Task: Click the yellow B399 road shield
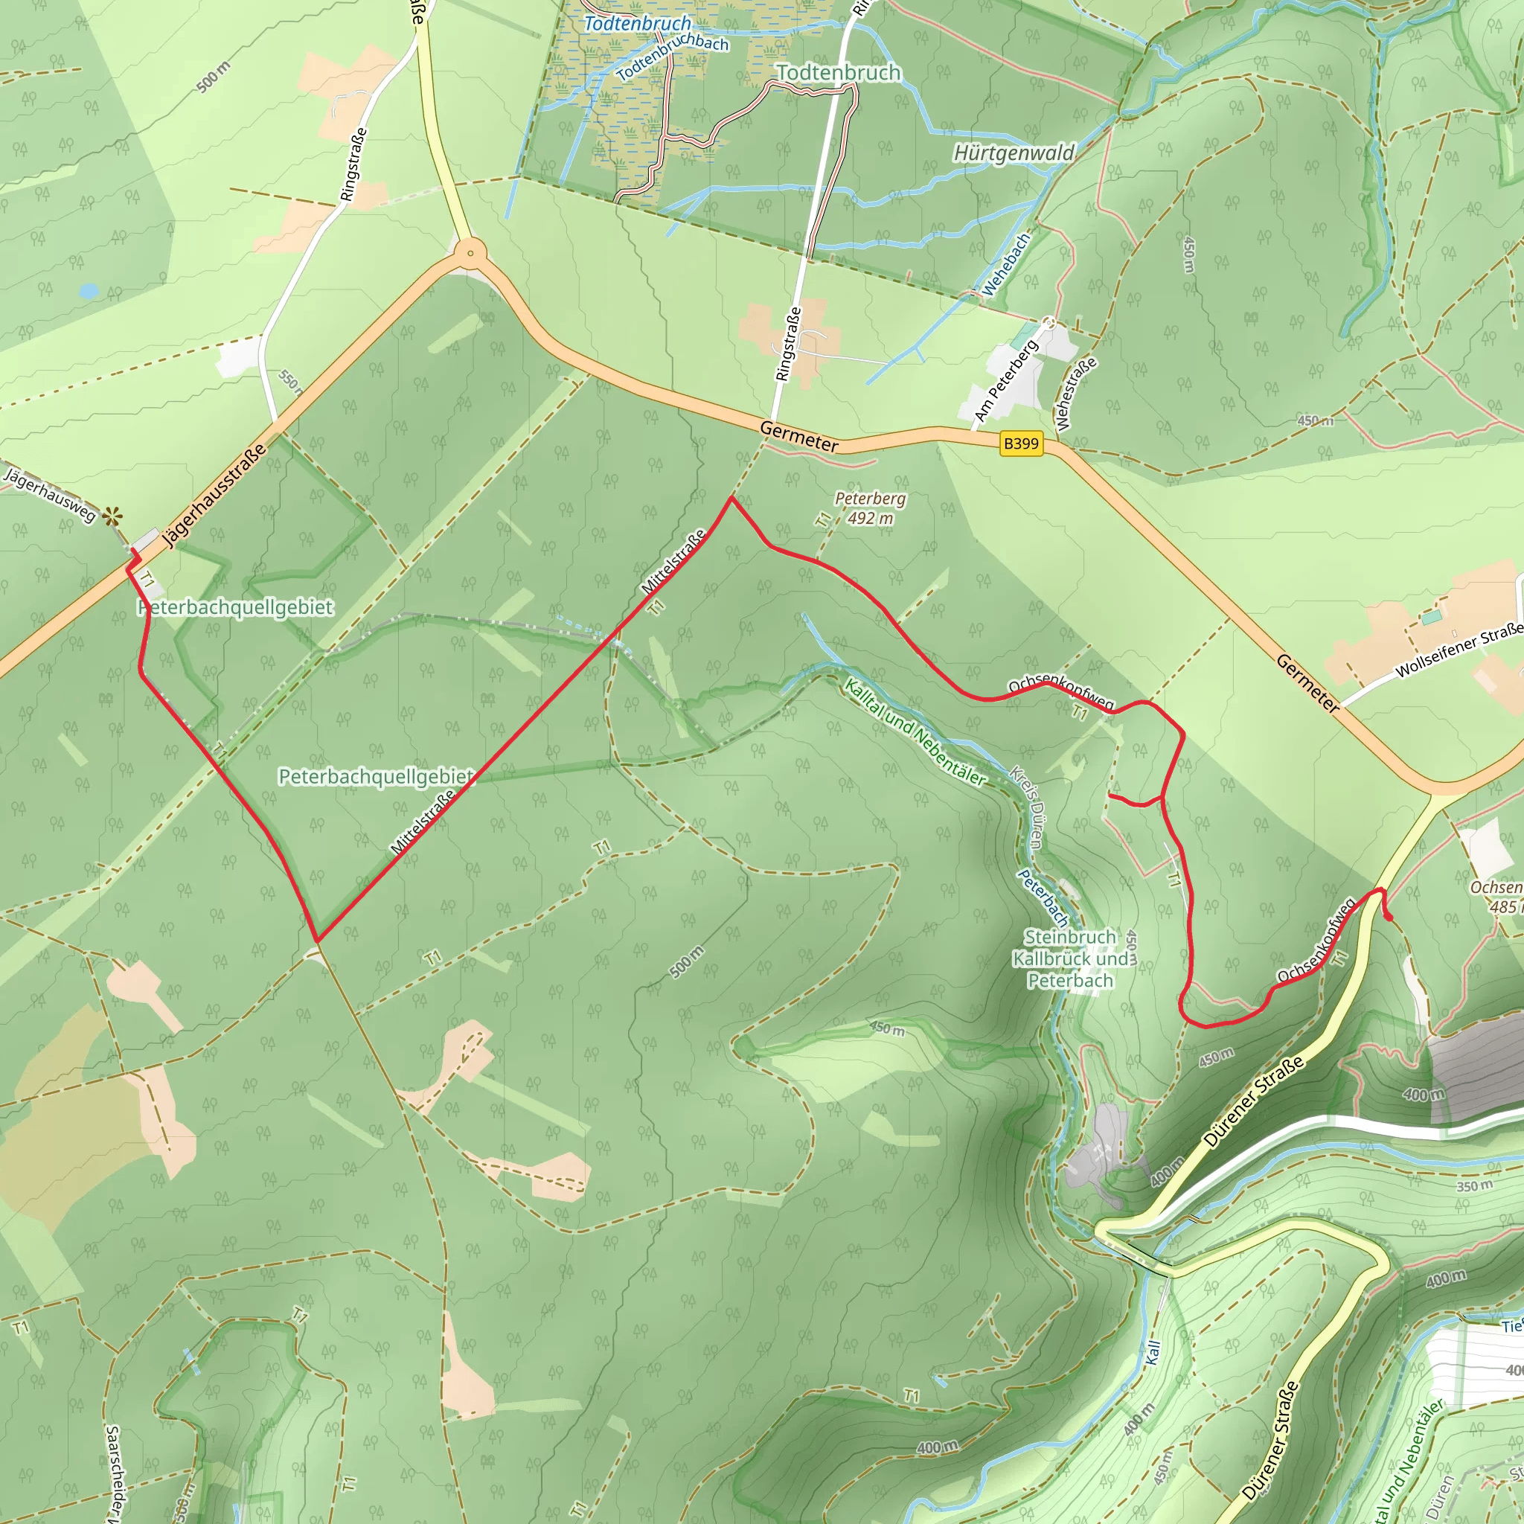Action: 1021,444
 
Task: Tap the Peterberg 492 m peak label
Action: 870,508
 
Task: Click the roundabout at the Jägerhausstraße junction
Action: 470,253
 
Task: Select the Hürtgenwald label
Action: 1014,153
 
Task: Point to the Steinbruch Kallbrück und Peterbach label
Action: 1070,958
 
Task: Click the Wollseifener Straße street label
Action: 1459,651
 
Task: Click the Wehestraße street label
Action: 1076,394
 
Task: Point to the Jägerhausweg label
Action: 50,496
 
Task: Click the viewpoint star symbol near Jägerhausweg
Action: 113,516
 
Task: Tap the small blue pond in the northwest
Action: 89,291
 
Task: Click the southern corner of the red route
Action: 317,941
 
